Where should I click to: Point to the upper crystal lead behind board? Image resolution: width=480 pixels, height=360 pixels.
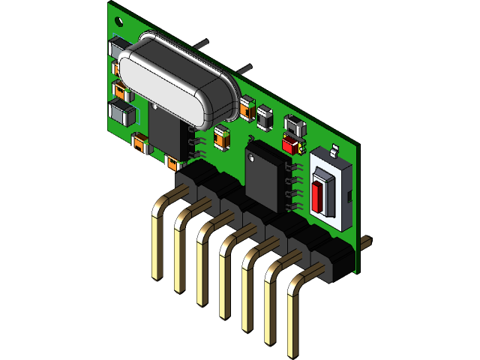[x=200, y=43]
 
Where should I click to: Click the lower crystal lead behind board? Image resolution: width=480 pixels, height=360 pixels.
[x=244, y=69]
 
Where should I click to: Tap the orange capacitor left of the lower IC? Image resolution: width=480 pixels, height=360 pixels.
[x=140, y=142]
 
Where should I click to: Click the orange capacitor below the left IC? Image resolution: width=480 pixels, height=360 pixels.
[x=174, y=162]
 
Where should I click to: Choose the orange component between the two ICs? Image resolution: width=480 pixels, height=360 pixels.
[x=221, y=137]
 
